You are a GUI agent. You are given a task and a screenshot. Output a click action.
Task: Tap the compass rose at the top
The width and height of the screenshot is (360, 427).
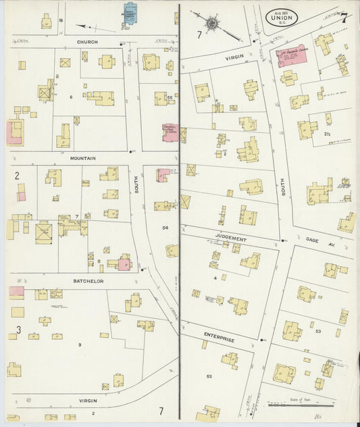[213, 23]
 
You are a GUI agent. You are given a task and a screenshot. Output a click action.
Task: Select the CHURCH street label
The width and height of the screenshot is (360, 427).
[86, 42]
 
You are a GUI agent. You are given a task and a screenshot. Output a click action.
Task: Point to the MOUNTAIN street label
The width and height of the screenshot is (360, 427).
[83, 158]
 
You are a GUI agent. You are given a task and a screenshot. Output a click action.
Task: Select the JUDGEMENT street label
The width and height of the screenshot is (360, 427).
[231, 238]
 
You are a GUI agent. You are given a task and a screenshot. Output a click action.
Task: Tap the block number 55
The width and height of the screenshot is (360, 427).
[170, 99]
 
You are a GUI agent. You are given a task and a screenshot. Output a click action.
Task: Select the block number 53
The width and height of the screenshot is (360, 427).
[318, 332]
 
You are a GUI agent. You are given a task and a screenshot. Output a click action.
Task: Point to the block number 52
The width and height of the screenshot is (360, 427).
[209, 376]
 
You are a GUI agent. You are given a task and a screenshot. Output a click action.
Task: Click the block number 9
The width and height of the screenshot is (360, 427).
[80, 345]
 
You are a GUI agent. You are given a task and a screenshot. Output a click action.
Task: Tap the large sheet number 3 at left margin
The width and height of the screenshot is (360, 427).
[18, 330]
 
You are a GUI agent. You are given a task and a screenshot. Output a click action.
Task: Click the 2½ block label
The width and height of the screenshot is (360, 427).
[327, 134]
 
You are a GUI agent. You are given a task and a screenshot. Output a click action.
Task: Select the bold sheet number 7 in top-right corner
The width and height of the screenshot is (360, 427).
[344, 18]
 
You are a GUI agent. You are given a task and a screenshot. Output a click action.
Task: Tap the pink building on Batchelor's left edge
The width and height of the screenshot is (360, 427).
[17, 292]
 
